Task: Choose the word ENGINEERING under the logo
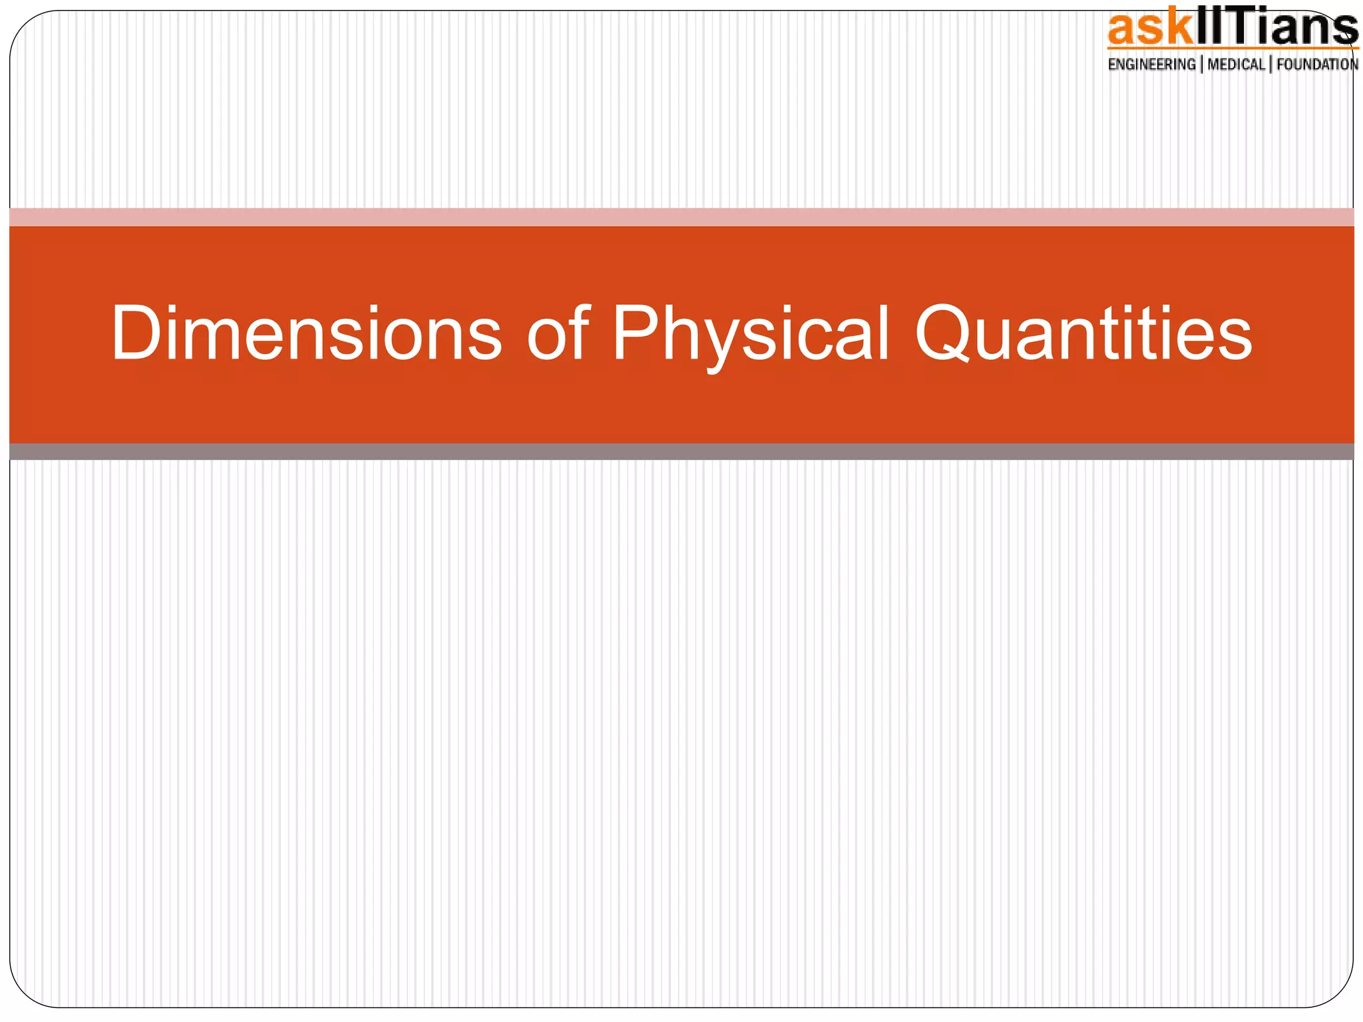coord(1151,65)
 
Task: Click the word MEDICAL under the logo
coord(1236,65)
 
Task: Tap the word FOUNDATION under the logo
coord(1317,65)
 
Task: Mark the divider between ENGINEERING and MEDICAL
coord(1202,65)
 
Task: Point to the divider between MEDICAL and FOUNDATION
coord(1270,65)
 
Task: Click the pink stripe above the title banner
coord(681,217)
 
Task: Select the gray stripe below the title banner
coord(681,452)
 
